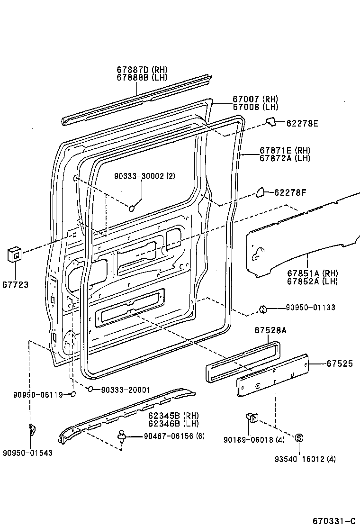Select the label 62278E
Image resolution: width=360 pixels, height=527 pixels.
click(302, 123)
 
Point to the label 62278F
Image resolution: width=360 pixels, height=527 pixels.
click(290, 192)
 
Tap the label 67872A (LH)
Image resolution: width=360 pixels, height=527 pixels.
click(285, 158)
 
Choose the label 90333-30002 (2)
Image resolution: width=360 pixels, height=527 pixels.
click(144, 176)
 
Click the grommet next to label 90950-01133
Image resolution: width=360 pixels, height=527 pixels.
click(262, 309)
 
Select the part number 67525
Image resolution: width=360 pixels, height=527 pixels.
click(340, 363)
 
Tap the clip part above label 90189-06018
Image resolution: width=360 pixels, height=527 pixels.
click(252, 418)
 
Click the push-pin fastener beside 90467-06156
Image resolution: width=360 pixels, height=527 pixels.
click(123, 436)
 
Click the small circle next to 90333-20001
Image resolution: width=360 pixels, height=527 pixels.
click(90, 390)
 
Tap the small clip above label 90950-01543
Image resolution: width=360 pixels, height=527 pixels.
click(32, 429)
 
